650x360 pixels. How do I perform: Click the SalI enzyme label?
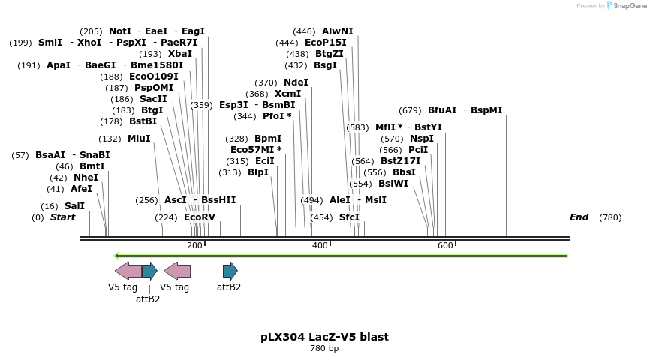(x=74, y=206)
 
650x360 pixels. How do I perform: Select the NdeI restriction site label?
(x=296, y=82)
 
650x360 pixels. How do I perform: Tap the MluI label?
(x=139, y=139)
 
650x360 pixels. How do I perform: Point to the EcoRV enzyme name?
(x=200, y=217)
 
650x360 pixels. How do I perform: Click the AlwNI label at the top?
(x=337, y=31)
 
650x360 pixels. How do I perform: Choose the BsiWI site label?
(x=393, y=184)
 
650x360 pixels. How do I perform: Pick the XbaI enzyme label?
(x=180, y=54)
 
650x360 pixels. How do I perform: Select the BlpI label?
(x=258, y=172)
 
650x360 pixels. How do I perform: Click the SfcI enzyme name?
(x=349, y=217)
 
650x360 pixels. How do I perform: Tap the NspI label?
(x=422, y=139)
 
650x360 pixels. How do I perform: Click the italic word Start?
(x=63, y=217)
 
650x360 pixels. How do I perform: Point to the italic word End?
(x=579, y=217)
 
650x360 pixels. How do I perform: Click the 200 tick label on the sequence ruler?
(x=194, y=245)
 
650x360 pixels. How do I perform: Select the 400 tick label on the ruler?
(x=320, y=245)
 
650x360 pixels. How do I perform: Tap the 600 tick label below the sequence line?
(x=445, y=245)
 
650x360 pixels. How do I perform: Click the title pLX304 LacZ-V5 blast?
(x=324, y=337)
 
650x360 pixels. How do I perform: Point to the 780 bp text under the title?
(x=324, y=348)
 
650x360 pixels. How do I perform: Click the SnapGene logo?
(x=626, y=6)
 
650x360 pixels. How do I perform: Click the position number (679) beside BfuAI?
(x=411, y=110)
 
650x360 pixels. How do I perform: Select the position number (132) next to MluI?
(x=110, y=139)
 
